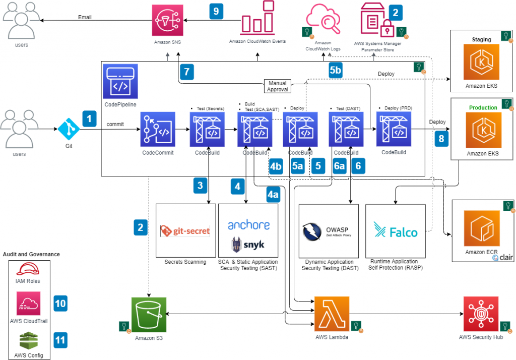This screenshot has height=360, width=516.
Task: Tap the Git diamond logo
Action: click(x=69, y=129)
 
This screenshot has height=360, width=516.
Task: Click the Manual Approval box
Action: click(x=278, y=86)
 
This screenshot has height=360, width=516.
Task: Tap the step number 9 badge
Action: click(x=216, y=12)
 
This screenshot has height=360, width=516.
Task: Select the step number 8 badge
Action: click(x=441, y=138)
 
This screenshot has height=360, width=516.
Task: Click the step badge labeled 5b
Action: click(x=336, y=70)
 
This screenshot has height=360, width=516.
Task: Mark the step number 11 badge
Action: click(x=60, y=340)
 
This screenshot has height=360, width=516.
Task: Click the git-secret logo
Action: click(x=185, y=231)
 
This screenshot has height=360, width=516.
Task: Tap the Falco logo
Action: click(x=396, y=231)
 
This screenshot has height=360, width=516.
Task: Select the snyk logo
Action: click(x=248, y=245)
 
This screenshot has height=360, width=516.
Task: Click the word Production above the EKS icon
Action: click(x=483, y=107)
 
